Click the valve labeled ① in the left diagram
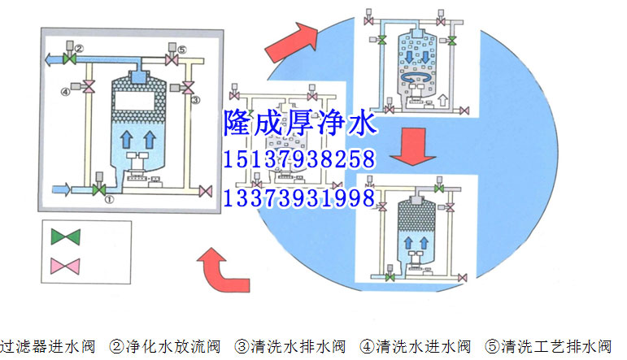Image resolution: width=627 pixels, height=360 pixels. [99, 190]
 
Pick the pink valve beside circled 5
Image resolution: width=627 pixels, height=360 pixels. [172, 59]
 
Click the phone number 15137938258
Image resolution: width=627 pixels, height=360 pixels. [298, 159]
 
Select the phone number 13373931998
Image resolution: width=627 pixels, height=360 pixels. [298, 197]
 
